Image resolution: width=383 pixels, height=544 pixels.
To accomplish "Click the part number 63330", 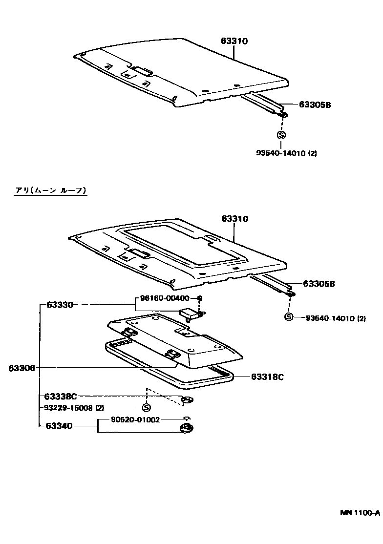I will [x=60, y=304].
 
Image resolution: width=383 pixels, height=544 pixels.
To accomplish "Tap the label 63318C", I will [x=268, y=377].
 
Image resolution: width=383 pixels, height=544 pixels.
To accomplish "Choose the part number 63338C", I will [x=61, y=396].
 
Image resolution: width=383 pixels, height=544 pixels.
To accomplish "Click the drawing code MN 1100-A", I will [x=360, y=513].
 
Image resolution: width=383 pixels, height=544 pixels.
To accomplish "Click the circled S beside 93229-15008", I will [x=146, y=408].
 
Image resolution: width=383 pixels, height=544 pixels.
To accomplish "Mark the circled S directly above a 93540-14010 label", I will [x=281, y=136].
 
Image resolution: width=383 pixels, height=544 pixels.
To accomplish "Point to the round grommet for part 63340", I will [x=186, y=429].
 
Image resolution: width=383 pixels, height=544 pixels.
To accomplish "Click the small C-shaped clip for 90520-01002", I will [x=186, y=418].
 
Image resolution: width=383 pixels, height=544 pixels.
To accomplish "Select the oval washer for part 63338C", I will [x=186, y=400].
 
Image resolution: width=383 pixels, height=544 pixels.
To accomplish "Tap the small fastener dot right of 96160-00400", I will [x=199, y=298].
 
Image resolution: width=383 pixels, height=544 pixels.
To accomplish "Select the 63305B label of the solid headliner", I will [x=315, y=104].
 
